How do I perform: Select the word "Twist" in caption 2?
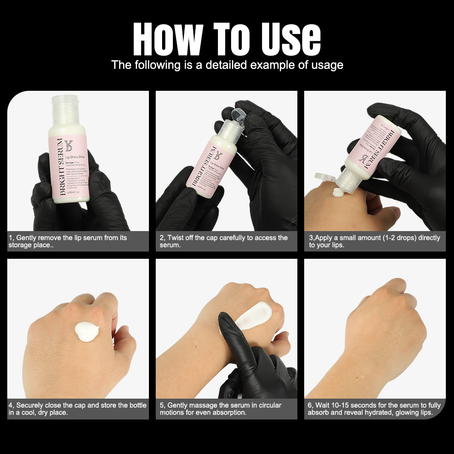click(177, 237)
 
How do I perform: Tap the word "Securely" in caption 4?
click(31, 405)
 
